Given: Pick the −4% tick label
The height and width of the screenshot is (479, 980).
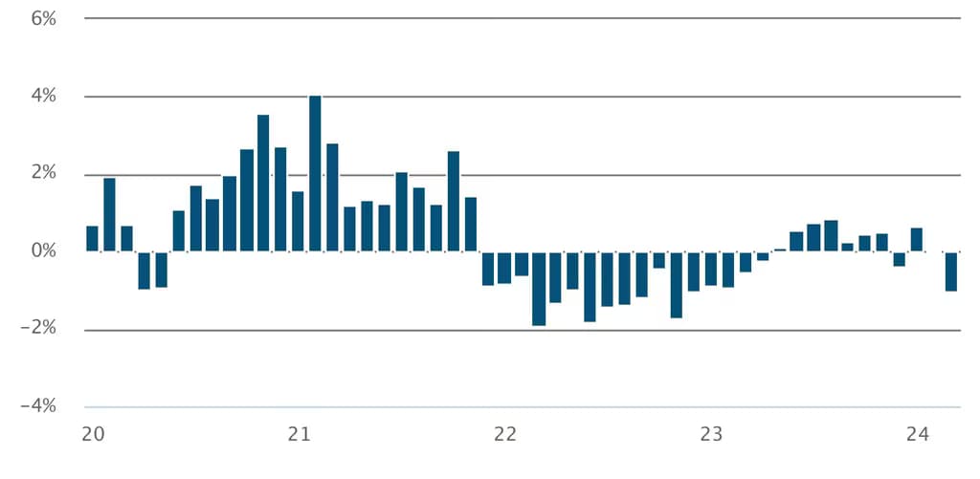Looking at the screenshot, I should click(39, 407).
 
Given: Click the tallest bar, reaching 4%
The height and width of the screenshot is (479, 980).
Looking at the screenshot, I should click(315, 173).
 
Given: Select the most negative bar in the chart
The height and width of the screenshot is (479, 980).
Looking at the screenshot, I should click(539, 289).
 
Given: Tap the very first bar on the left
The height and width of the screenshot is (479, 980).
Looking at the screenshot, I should click(92, 239).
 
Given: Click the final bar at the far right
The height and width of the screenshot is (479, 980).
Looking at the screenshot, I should click(951, 272).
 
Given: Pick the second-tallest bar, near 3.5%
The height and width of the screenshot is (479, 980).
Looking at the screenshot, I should click(263, 183).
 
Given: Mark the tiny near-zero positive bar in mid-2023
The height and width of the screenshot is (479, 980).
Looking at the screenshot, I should click(780, 250).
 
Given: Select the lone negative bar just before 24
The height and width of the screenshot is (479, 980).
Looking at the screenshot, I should click(900, 259).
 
